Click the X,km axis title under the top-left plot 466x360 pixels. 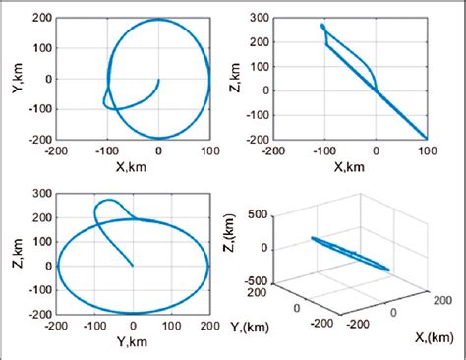[133, 166]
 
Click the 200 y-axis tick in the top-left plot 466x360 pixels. [41, 20]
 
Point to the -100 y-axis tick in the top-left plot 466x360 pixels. [37, 109]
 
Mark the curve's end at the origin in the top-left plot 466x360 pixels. [158, 80]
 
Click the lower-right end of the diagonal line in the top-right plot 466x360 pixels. [427, 138]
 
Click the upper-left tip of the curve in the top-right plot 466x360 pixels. [322, 26]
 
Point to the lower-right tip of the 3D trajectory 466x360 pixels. [389, 270]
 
